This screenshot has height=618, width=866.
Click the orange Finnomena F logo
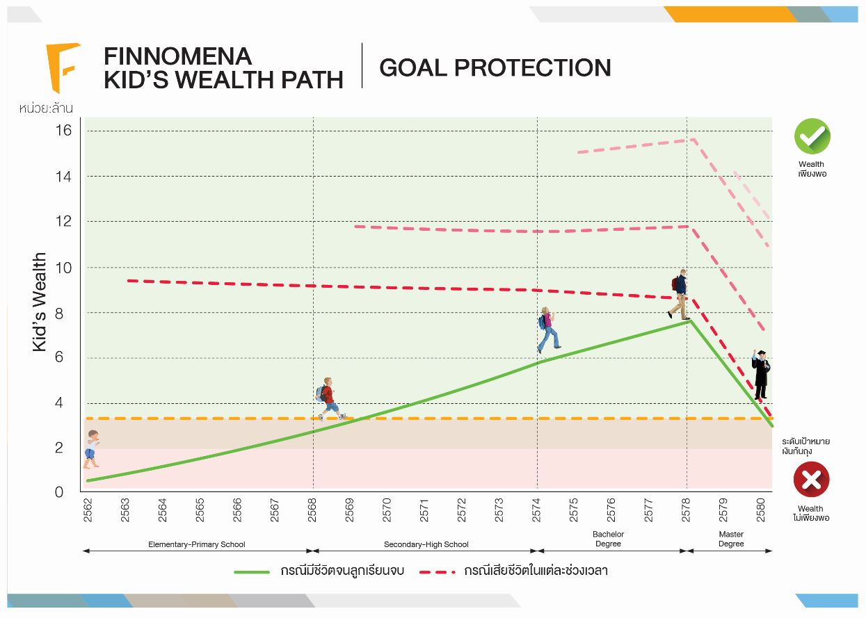tap(62, 67)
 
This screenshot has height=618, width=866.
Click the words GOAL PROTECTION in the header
tap(495, 67)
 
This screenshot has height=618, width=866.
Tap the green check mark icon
tap(812, 136)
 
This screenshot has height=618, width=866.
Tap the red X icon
tap(811, 479)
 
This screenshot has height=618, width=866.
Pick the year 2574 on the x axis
tap(537, 511)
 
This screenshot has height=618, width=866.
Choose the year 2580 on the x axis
tap(761, 511)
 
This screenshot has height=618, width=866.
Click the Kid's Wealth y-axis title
tap(40, 302)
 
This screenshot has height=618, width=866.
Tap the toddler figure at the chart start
tap(92, 448)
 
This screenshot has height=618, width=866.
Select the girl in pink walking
tap(548, 330)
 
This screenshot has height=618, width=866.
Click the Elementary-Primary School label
tap(197, 544)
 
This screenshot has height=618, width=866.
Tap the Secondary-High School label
tap(426, 544)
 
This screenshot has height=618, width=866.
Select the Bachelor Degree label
tap(608, 539)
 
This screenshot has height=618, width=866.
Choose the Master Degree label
tap(731, 539)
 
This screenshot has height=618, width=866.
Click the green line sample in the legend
tap(252, 571)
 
